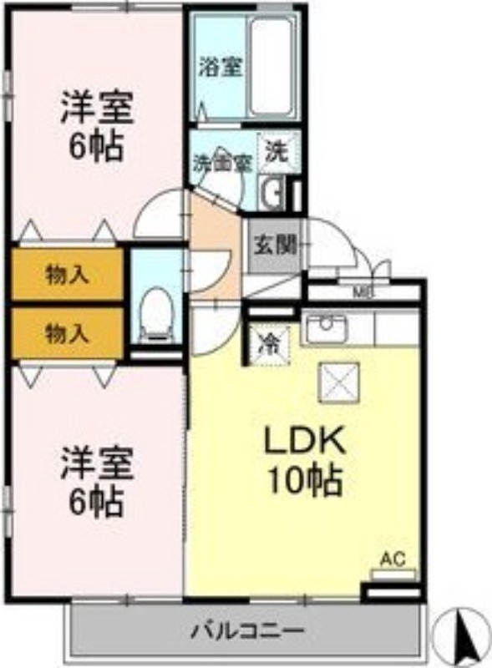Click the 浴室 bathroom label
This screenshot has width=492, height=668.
tap(221, 68)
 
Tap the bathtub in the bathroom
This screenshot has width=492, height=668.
tap(273, 67)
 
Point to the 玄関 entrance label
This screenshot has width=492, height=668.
tap(275, 245)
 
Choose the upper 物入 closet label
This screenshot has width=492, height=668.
tap(67, 275)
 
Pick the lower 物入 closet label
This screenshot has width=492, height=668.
tap(67, 334)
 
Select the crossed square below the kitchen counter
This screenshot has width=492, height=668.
tap(340, 383)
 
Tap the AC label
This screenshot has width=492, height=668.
tap(393, 559)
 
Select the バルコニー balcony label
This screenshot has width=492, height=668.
tap(246, 628)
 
